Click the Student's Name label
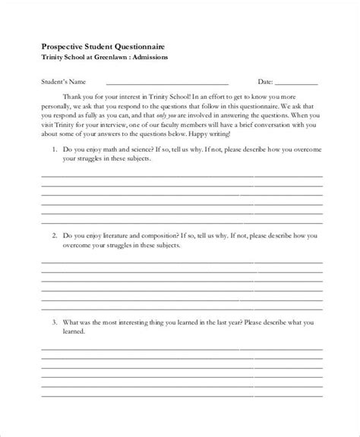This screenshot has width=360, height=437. [x=62, y=81]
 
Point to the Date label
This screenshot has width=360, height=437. [x=265, y=81]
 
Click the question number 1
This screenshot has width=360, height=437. [x=55, y=150]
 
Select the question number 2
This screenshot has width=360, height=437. [x=55, y=237]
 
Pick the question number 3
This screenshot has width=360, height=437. [x=55, y=322]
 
